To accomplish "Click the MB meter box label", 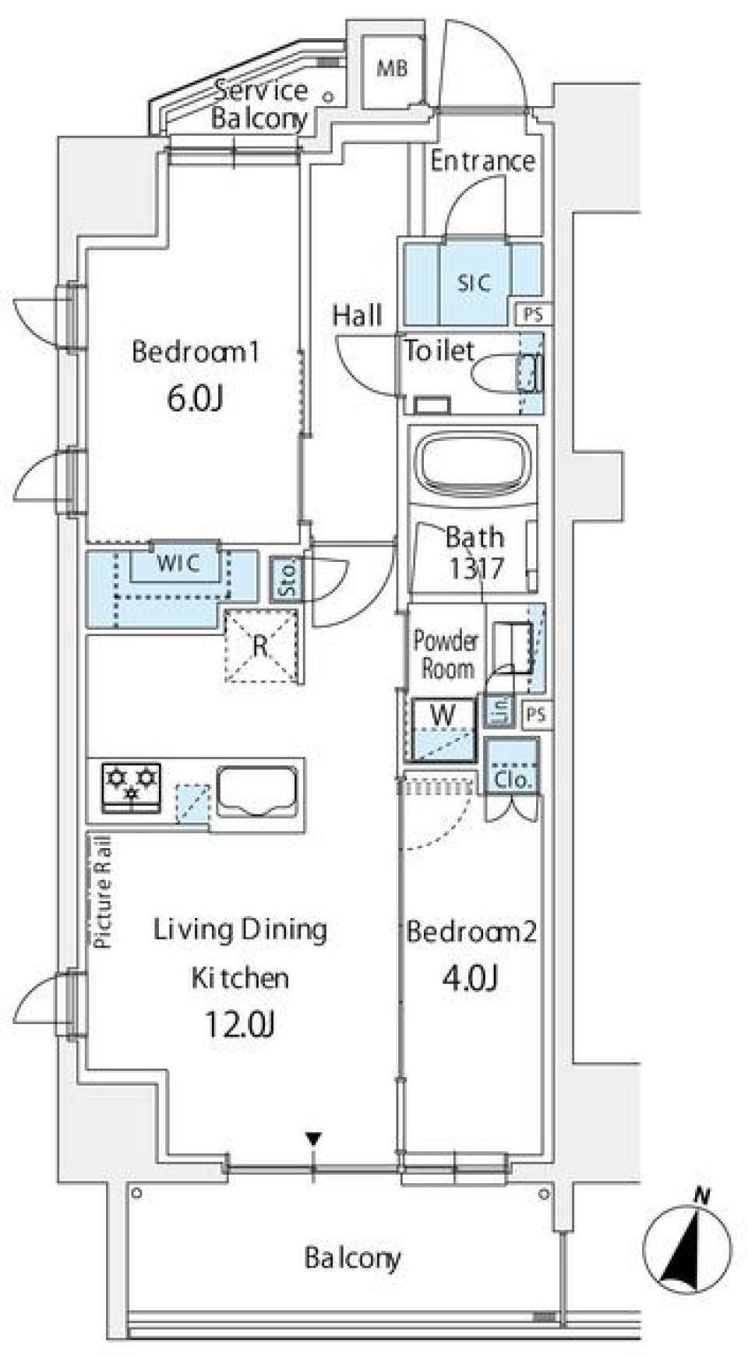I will click(392, 69).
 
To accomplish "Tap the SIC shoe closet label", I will click(473, 282).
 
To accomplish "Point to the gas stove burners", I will click(132, 785).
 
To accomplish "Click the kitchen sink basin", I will click(257, 791).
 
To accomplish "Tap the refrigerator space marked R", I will click(261, 645).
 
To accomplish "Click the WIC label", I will click(178, 563).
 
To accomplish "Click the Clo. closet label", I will click(512, 779).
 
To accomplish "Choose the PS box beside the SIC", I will click(534, 315).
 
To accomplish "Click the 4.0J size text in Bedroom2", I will click(470, 977).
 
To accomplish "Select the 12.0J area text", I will click(239, 1025).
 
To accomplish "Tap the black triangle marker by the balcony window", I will click(313, 1139).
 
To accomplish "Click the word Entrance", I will click(482, 161).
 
